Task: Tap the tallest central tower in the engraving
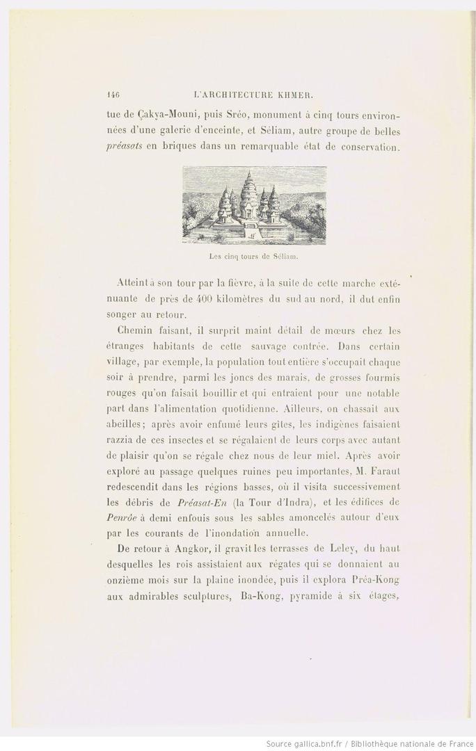point(248,191)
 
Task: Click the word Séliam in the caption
point(283,256)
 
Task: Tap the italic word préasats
point(123,147)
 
